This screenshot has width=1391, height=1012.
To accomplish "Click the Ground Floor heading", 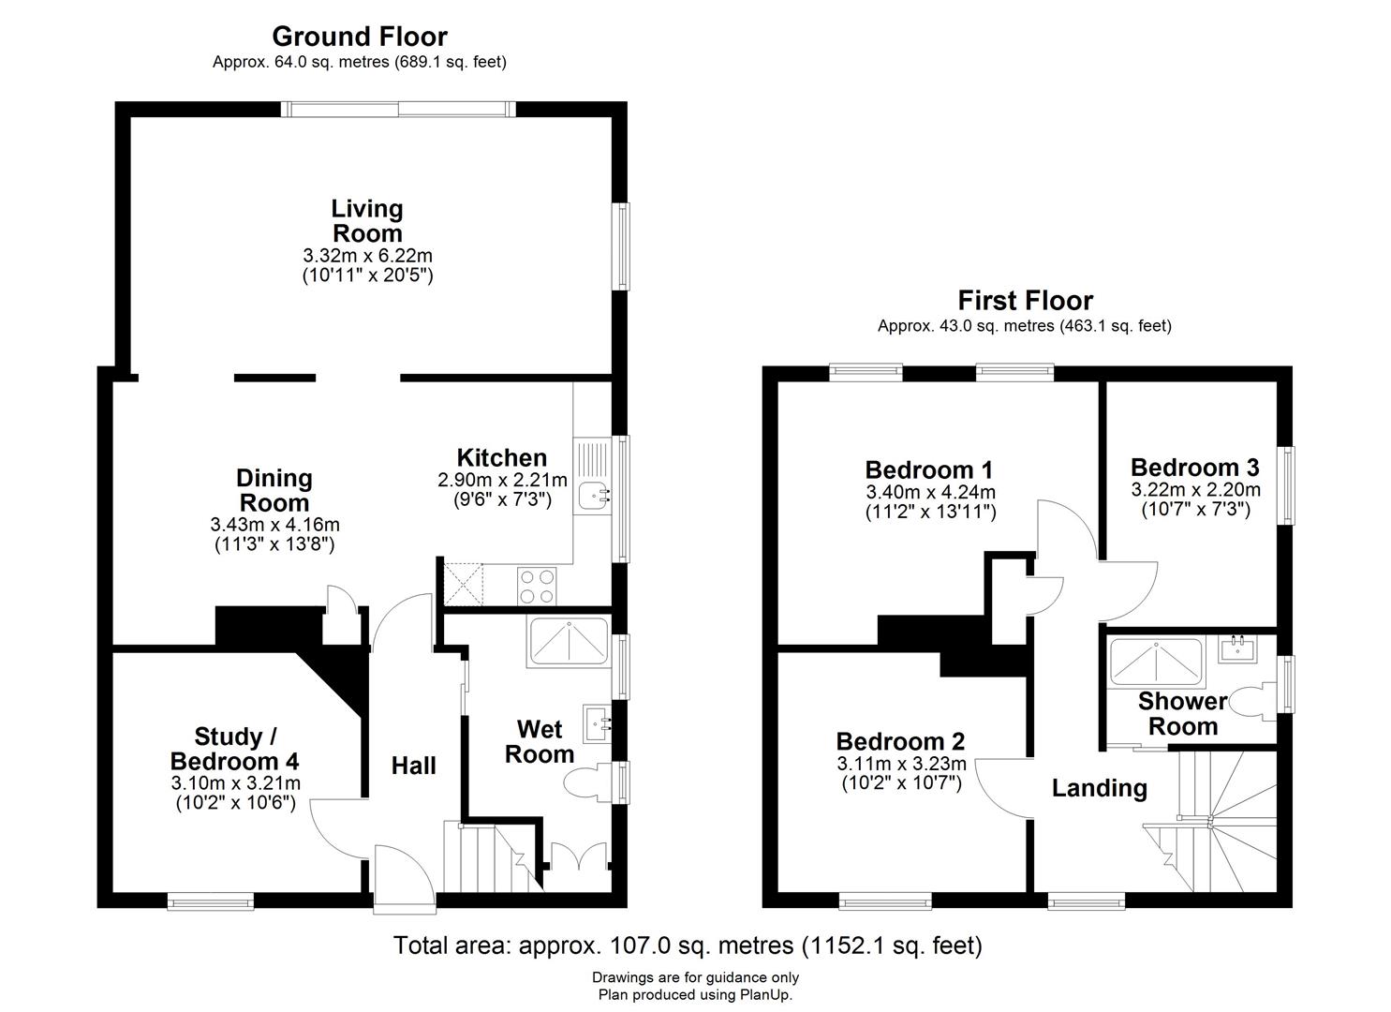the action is tap(360, 37).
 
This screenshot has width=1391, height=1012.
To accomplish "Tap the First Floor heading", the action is tap(1026, 301).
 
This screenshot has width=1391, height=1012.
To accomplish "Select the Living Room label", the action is tap(367, 221).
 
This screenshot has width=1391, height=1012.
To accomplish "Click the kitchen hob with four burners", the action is tap(537, 586).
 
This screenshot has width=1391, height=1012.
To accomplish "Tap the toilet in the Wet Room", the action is tap(588, 781).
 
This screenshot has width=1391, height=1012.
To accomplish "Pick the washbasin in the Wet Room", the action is tap(598, 723).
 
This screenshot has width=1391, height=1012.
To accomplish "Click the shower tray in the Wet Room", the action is tap(569, 642).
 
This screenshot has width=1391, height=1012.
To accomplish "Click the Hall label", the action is tap(414, 766).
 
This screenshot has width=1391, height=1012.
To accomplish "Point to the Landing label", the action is tap(1099, 788).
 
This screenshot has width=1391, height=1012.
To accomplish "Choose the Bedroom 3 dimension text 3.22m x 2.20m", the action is tap(1195, 489).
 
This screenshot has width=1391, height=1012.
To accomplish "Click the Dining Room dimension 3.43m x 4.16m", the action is tap(274, 525).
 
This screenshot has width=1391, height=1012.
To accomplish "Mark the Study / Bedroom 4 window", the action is tap(211, 901).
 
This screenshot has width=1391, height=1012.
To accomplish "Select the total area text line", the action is tap(688, 945).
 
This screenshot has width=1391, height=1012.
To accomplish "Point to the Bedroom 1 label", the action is tap(929, 469).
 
